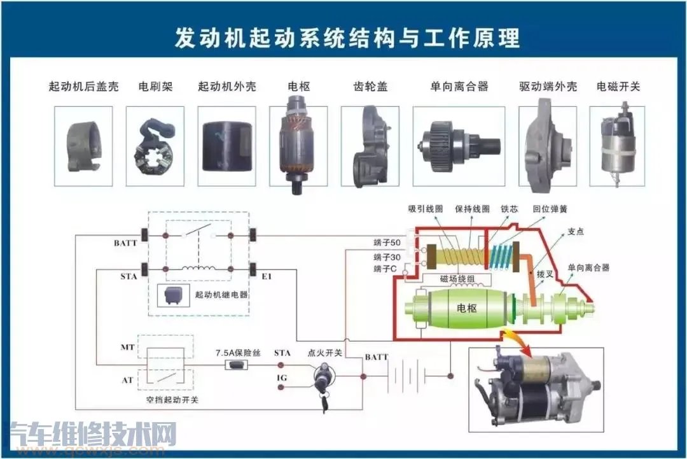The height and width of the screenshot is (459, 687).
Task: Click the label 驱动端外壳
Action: coord(548,87)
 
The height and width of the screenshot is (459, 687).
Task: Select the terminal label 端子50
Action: coord(387,243)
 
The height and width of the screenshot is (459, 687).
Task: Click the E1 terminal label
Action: coord(267,277)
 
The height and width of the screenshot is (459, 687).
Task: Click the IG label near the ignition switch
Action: coord(282,378)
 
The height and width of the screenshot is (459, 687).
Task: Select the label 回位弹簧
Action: coord(550,209)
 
